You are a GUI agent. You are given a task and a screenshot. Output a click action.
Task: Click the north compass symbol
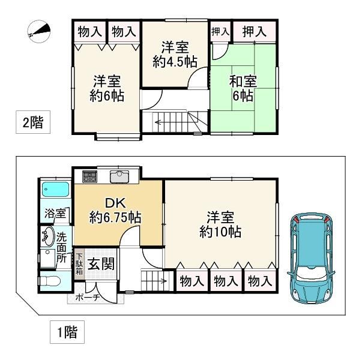(38, 31)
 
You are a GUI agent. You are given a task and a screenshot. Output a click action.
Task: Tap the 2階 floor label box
(33, 122)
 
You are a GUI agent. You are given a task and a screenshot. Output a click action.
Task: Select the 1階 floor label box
(67, 332)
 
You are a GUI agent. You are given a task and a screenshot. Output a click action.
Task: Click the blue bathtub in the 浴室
(56, 190)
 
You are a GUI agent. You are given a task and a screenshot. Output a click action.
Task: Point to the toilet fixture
(49, 281)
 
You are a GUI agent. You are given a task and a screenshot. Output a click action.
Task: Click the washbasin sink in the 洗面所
(48, 236)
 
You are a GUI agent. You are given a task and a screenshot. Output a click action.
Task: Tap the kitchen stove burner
(89, 176)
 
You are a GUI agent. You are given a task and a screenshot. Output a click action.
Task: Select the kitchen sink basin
(119, 176)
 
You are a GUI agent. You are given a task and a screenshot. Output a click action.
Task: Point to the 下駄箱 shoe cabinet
(79, 264)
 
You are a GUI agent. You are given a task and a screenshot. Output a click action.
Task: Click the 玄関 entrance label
(101, 264)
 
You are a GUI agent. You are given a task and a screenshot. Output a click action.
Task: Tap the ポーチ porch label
(88, 298)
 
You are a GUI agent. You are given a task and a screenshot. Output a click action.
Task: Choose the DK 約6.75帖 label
(115, 210)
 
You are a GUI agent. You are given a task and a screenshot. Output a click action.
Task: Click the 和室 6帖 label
(243, 88)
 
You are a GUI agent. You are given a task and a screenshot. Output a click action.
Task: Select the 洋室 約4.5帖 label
(175, 54)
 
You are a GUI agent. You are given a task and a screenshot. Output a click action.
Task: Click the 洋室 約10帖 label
(220, 224)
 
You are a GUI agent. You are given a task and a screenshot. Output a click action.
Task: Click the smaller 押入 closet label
(220, 32)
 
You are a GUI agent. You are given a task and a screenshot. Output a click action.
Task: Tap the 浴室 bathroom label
(55, 213)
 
